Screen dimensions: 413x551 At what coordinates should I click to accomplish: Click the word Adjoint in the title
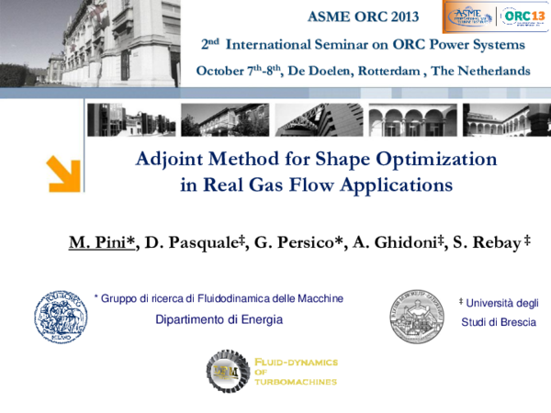171,159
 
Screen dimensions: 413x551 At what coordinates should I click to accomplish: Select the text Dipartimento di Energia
219,319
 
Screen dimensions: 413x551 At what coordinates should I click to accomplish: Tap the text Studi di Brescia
499,322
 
